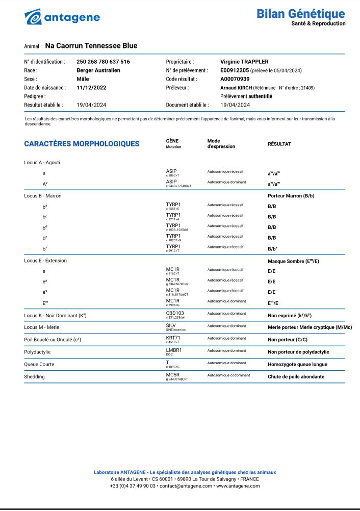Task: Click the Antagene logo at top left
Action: click(62, 17)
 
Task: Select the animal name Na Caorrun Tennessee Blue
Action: click(91, 46)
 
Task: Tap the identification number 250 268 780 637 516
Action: click(103, 62)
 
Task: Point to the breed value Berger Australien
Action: click(98, 70)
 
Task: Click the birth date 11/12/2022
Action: click(91, 88)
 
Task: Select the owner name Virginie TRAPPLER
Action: click(244, 62)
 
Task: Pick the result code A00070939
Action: click(235, 79)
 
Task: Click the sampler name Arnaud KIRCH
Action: click(236, 88)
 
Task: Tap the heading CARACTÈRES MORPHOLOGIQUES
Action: click(82, 144)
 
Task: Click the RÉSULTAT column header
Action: click(279, 144)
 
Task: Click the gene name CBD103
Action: click(175, 313)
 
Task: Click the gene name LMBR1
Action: click(174, 350)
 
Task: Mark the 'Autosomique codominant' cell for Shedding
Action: click(229, 375)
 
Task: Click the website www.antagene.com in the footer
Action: click(239, 486)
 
